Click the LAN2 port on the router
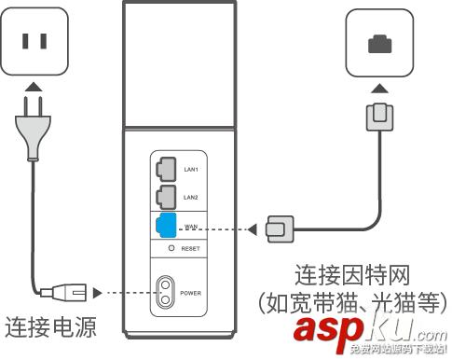pos(164,197)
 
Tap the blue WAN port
pos(164,225)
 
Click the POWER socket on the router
pos(167,292)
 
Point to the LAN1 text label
pos(191,171)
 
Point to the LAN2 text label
pos(191,198)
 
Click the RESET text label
pos(191,250)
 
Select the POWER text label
pos(192,293)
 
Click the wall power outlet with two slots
pos(34,41)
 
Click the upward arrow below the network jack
pos(379,88)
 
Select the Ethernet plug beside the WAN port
pos(279,228)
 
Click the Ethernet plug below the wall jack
pos(379,117)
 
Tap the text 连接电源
pos(50,328)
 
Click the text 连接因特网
pos(352,275)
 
